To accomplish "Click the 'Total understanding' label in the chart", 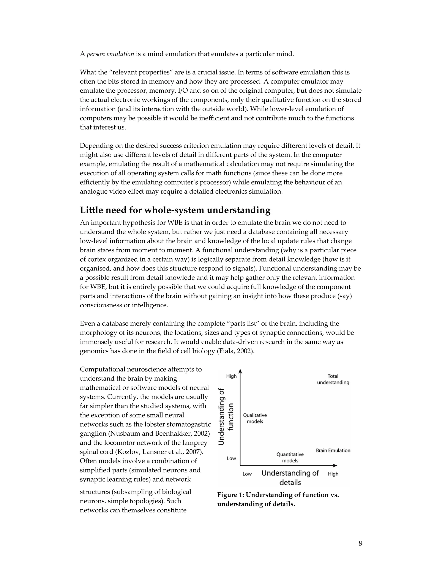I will (x=333, y=379).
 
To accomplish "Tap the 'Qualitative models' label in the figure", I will (x=255, y=418).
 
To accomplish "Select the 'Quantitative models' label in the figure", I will (x=290, y=457).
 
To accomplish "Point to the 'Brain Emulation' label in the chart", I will (x=333, y=450).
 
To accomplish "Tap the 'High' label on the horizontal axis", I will (x=333, y=474).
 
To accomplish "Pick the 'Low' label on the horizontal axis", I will (x=247, y=474).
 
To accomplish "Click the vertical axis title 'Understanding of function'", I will (x=226, y=416).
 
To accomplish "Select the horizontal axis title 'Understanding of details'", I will (x=290, y=477).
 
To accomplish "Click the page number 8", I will (x=360, y=544).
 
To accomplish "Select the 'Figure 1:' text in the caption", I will (x=230, y=495).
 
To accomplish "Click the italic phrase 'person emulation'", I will (x=110, y=54).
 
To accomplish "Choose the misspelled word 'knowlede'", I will (x=187, y=278).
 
